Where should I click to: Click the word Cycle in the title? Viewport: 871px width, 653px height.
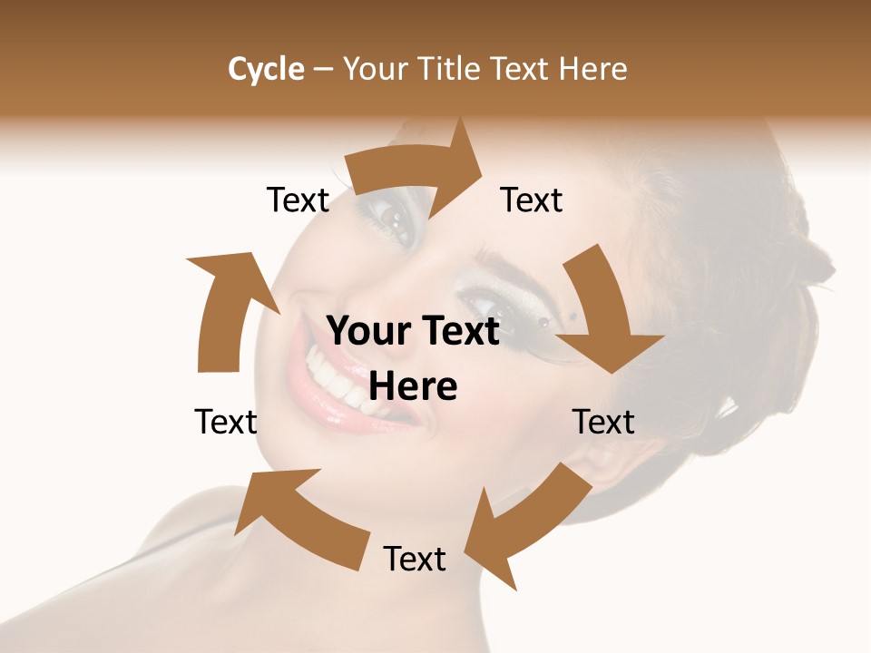pyautogui.click(x=266, y=69)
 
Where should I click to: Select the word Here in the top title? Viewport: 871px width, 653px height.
pyautogui.click(x=593, y=69)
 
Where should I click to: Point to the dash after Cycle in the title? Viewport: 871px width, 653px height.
pyautogui.click(x=324, y=70)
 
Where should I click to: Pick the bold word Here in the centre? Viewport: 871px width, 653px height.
pyautogui.click(x=413, y=386)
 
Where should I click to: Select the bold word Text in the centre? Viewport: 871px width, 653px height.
pyautogui.click(x=459, y=331)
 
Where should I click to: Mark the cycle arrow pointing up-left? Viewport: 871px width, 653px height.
pyautogui.click(x=304, y=517)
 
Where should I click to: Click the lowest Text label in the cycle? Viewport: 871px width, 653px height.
pyautogui.click(x=415, y=559)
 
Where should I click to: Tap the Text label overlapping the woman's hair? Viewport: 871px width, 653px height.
pyautogui.click(x=603, y=422)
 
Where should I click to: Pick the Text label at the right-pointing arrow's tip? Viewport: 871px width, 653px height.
pyautogui.click(x=532, y=200)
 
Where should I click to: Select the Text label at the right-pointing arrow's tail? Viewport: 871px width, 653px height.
pyautogui.click(x=298, y=200)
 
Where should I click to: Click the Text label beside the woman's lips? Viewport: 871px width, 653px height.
pyautogui.click(x=226, y=422)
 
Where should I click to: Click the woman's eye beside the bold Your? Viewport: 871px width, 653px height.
pyautogui.click(x=481, y=304)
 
